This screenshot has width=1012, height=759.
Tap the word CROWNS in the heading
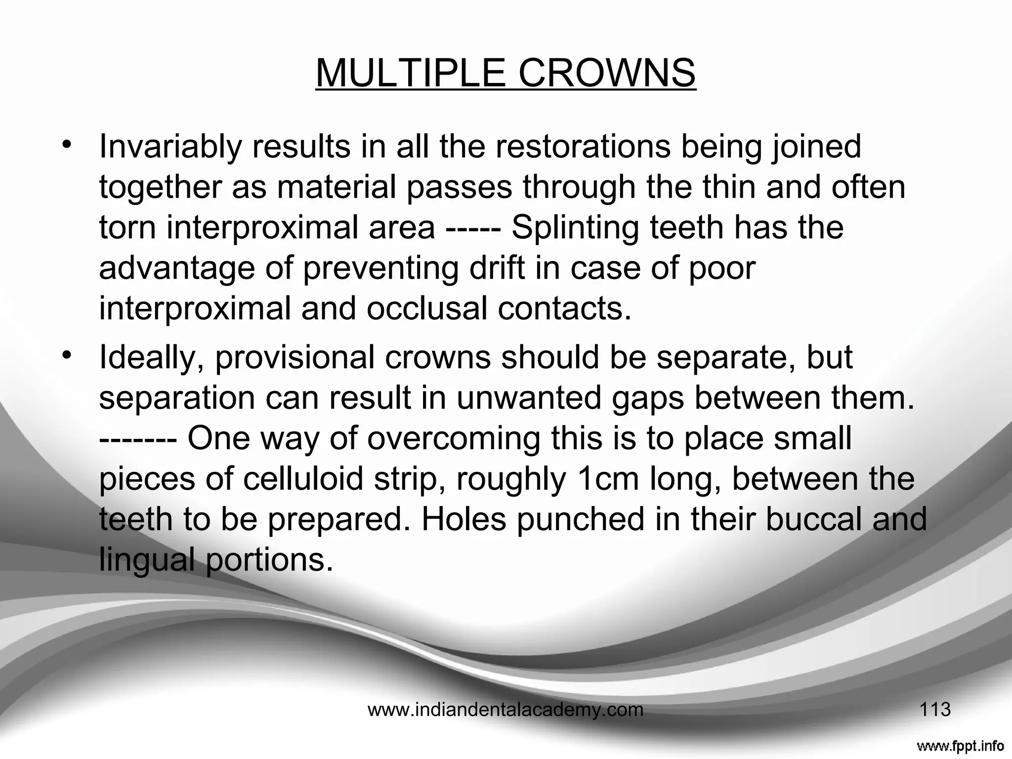[x=607, y=73]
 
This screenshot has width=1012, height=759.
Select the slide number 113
[x=935, y=710]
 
